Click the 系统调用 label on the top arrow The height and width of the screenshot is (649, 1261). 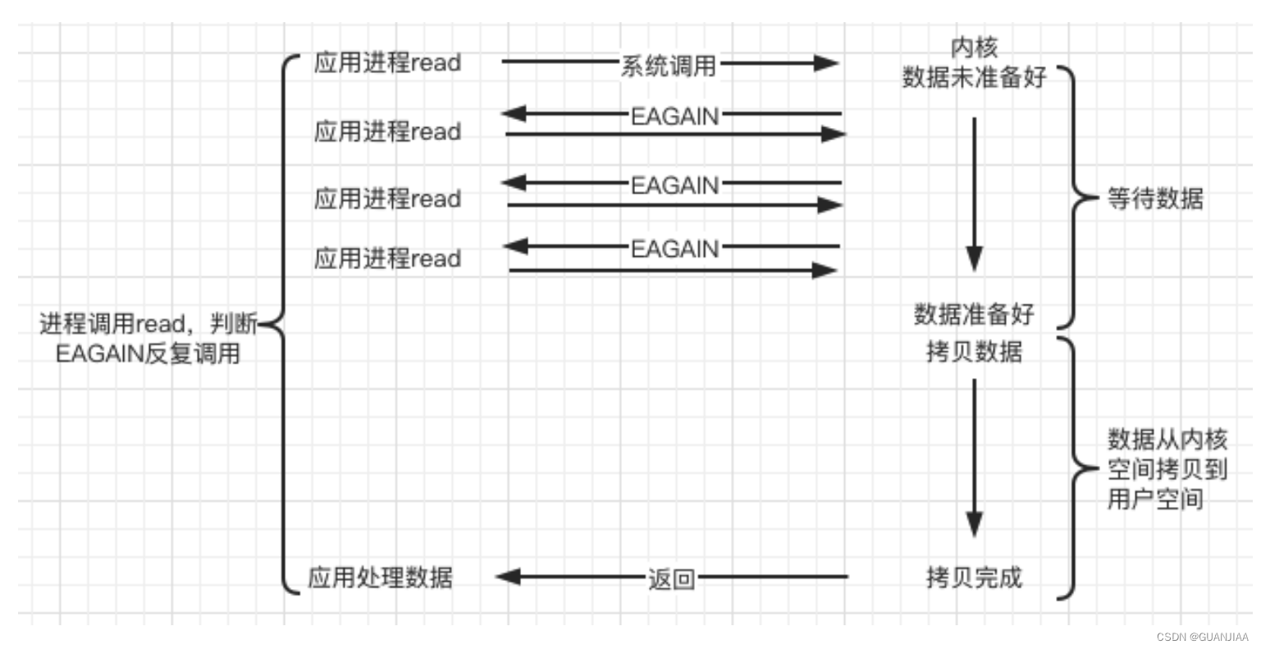point(668,65)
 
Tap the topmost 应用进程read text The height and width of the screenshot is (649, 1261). point(387,63)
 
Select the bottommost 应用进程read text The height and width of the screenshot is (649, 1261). point(387,258)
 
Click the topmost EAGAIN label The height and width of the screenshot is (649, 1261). point(674,117)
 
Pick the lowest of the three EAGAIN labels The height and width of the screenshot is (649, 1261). point(674,249)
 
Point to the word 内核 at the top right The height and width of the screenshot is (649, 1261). point(974,48)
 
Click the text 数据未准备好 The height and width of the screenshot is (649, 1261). point(974,77)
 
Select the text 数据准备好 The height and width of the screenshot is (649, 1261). point(974,313)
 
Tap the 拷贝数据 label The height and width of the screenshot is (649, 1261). point(974,351)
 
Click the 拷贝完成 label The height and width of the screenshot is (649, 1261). point(974,577)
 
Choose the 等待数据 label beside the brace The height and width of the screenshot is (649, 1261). point(1155,199)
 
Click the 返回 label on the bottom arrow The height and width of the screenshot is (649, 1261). point(671,579)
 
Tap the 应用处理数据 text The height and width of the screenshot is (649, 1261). point(380,577)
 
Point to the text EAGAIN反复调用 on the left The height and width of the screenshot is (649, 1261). point(148,354)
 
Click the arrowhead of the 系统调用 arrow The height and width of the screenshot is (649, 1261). point(827,63)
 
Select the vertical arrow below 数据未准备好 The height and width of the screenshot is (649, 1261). point(974,193)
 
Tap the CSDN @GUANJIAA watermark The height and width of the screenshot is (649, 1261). point(1202,638)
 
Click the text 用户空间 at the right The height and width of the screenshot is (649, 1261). point(1155,498)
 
